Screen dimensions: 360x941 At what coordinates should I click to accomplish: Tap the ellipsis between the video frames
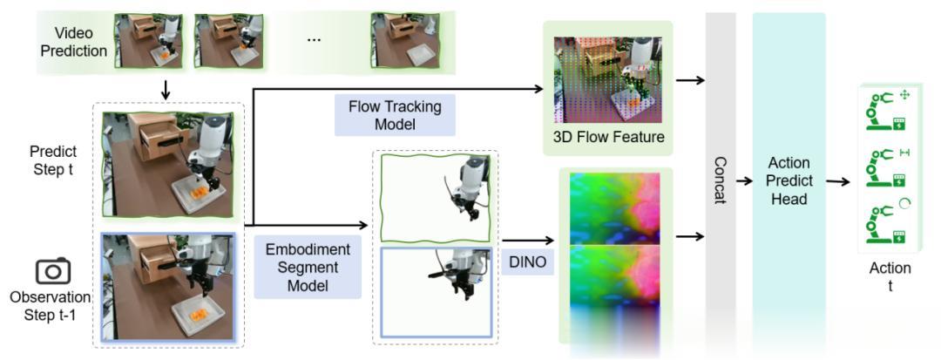click(314, 41)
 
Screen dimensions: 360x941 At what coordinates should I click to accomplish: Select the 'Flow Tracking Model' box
click(395, 116)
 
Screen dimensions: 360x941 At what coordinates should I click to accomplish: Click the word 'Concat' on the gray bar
click(720, 180)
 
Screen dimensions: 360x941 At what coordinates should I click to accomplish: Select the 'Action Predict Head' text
click(789, 180)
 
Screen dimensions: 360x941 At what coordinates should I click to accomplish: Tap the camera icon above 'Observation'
click(53, 271)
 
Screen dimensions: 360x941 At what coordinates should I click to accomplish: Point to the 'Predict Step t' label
click(53, 160)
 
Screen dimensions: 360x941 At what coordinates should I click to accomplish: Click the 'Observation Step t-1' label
click(51, 305)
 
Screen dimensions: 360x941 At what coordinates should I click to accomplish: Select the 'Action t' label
click(890, 276)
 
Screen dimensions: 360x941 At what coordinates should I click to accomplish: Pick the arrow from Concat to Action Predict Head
click(743, 181)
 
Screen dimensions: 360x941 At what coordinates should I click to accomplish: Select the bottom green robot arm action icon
click(884, 224)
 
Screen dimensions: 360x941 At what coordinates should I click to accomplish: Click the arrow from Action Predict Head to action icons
click(839, 181)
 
